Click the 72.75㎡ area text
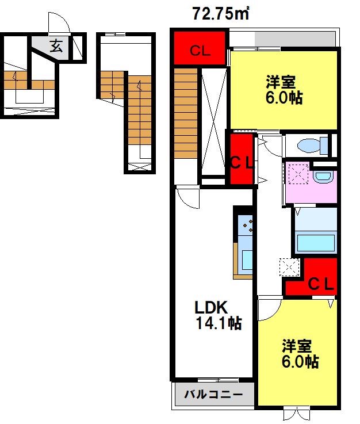pyautogui.click(x=220, y=14)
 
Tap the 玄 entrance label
pyautogui.click(x=56, y=45)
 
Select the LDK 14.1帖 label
pyautogui.click(x=218, y=315)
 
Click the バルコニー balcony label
pyautogui.click(x=213, y=395)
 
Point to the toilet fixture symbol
pyautogui.click(x=313, y=146)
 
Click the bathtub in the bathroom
pyautogui.click(x=316, y=243)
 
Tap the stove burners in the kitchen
pyautogui.click(x=248, y=225)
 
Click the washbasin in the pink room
pyautogui.click(x=323, y=177)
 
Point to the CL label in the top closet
pyautogui.click(x=200, y=51)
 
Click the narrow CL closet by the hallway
pyautogui.click(x=242, y=159)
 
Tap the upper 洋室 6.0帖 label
pyautogui.click(x=284, y=90)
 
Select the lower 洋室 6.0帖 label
pyautogui.click(x=300, y=354)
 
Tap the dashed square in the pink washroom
pyautogui.click(x=298, y=174)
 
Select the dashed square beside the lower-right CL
pyautogui.click(x=289, y=267)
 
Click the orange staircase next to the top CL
pyautogui.click(x=186, y=113)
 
